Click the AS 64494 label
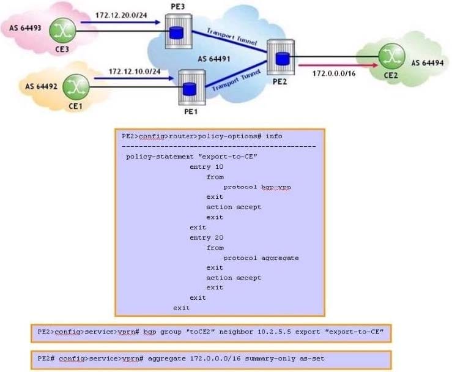(x=426, y=62)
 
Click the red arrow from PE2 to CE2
(x=334, y=61)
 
